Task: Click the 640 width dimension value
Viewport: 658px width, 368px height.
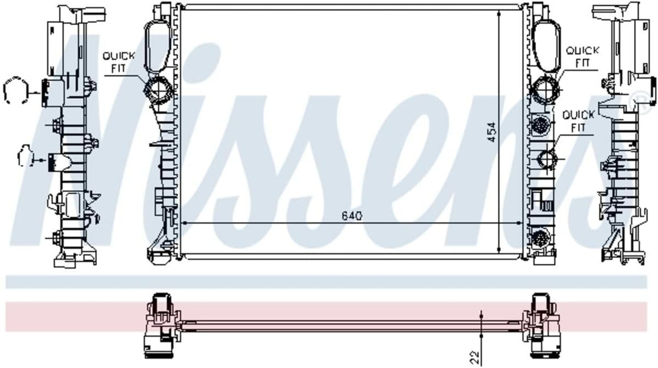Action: [352, 216]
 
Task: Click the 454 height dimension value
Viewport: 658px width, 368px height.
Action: [492, 132]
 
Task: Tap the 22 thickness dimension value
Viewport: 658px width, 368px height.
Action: [475, 358]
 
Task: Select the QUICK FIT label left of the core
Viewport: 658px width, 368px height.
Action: [119, 62]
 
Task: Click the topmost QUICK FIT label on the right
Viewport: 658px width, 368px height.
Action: [582, 57]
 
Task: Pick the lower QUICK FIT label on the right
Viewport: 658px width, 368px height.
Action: [578, 121]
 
